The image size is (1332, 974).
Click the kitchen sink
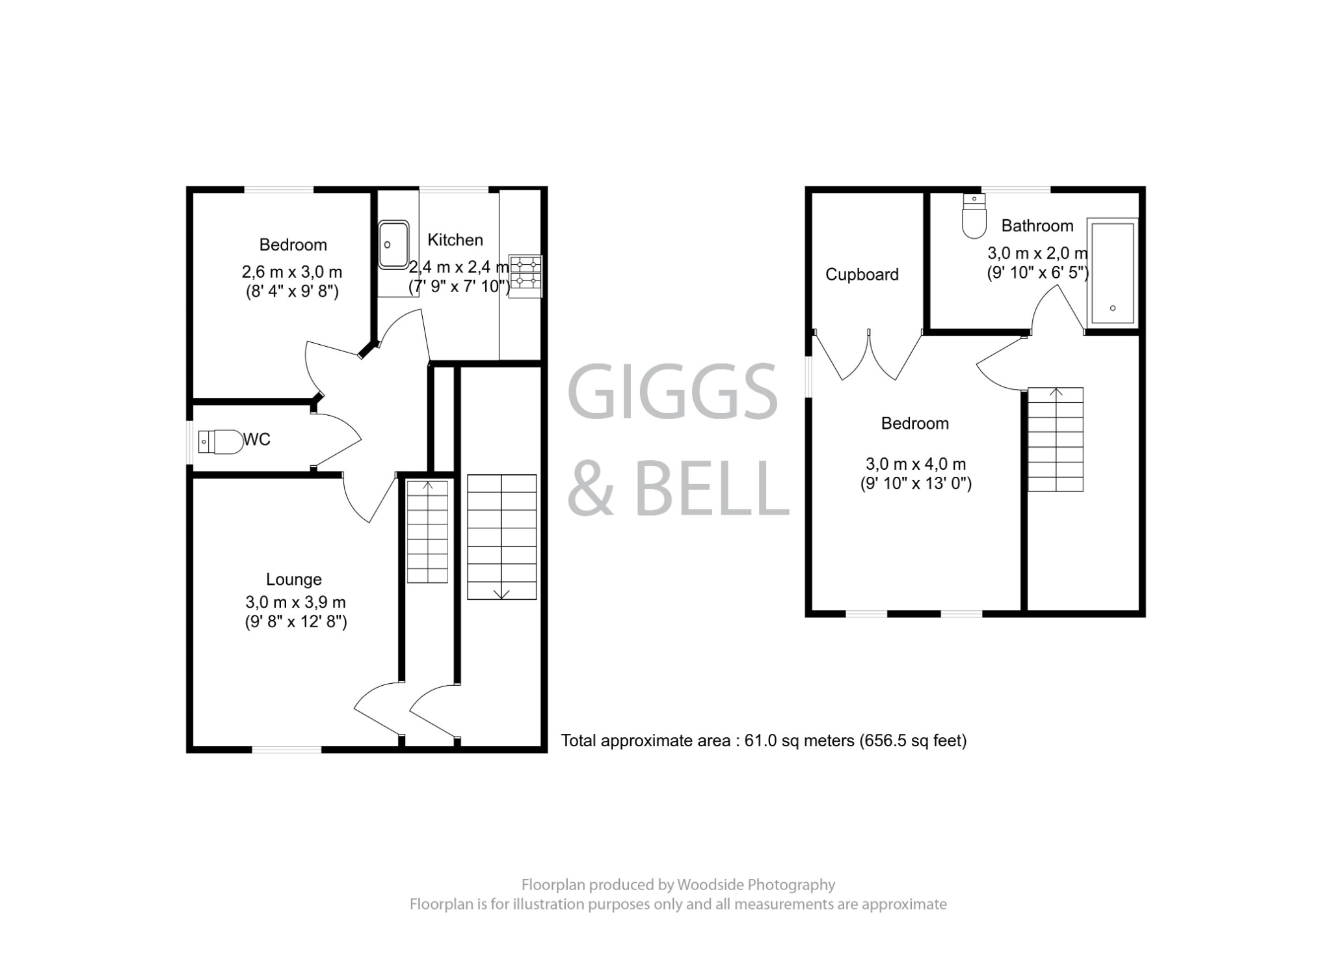pyautogui.click(x=393, y=245)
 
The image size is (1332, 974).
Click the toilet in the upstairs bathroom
pyautogui.click(x=973, y=217)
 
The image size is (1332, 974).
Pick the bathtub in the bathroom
pyautogui.click(x=1112, y=273)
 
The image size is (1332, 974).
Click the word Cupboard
pyautogui.click(x=862, y=275)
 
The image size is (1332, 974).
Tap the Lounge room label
pyautogui.click(x=294, y=579)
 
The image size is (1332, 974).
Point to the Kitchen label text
pyautogui.click(x=455, y=240)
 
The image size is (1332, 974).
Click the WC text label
pyautogui.click(x=257, y=440)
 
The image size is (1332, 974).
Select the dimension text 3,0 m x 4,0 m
pyautogui.click(x=915, y=464)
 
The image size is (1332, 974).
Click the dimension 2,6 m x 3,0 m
pyautogui.click(x=292, y=271)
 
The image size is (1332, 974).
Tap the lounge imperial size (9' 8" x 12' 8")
pyautogui.click(x=296, y=622)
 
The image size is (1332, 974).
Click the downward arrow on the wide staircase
pyautogui.click(x=501, y=593)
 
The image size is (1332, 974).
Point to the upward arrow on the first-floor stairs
pyautogui.click(x=1056, y=392)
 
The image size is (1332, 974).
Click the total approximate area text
pyautogui.click(x=764, y=740)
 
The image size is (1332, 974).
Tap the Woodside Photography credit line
pyautogui.click(x=678, y=885)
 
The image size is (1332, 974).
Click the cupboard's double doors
pyautogui.click(x=868, y=356)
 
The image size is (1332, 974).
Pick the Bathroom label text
pyautogui.click(x=1037, y=226)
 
